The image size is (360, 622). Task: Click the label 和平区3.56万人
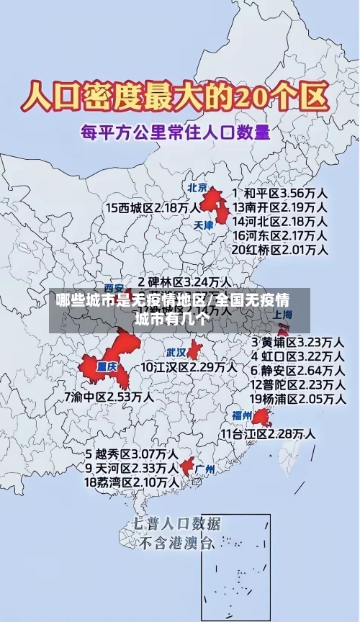281,194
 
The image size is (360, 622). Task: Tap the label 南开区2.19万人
280,207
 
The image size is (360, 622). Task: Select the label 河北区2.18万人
280,221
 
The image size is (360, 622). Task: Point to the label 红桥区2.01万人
280,249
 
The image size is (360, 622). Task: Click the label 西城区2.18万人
153,208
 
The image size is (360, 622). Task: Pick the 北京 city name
197,187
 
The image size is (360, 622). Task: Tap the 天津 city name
204,225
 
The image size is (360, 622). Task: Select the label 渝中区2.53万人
109,396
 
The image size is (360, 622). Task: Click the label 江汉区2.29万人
189,367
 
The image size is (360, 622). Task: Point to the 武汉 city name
176,353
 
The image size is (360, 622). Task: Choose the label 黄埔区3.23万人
297,341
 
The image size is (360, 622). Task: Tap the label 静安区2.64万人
297,370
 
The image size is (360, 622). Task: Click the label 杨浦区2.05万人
297,398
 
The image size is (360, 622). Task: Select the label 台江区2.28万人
268,433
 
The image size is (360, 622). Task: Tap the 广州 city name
205,469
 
